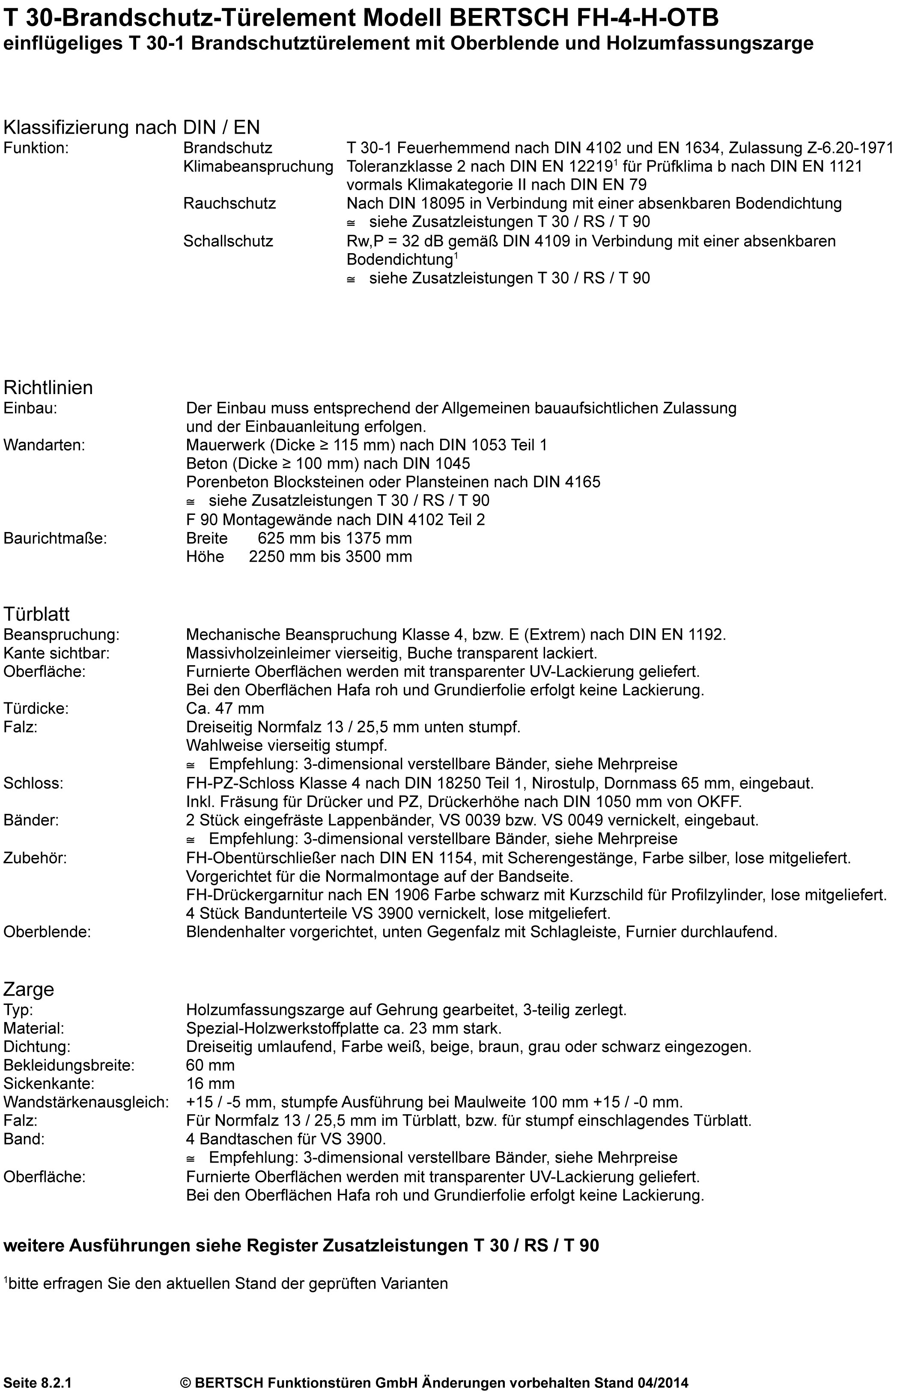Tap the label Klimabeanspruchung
pos(258,166)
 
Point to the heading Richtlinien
pos(48,388)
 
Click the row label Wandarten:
pos(45,445)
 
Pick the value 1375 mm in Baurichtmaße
pos(382,538)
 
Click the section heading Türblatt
pos(36,614)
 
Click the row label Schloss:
pos(33,783)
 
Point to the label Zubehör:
pos(35,858)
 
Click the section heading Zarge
pos(29,989)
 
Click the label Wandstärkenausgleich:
pos(86,1102)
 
